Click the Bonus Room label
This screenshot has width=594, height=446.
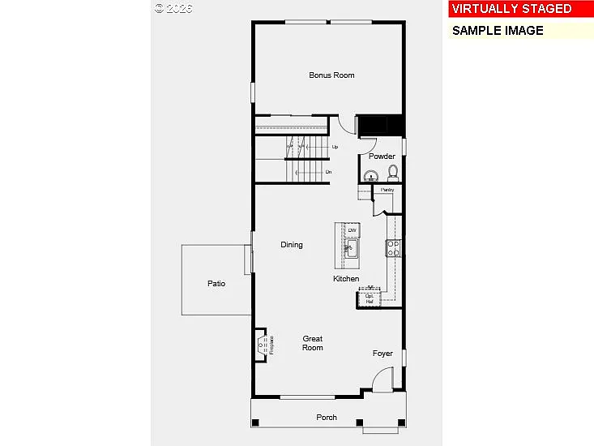(331, 75)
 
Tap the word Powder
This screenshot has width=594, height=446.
(382, 157)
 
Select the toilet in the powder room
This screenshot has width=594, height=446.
(393, 173)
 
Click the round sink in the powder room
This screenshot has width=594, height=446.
(372, 175)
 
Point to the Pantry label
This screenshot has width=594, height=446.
(387, 190)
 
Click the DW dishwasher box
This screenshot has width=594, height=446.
(352, 231)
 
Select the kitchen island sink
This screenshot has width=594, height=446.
(353, 248)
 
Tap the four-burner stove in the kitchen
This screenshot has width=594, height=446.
(393, 248)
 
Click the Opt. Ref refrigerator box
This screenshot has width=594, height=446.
(370, 298)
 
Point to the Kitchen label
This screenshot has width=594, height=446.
(346, 279)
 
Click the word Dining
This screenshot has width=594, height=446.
(292, 245)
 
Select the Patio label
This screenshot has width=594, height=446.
(216, 284)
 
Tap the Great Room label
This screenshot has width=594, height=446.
(313, 343)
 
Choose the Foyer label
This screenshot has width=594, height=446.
(382, 354)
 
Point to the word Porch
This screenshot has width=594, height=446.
(327, 418)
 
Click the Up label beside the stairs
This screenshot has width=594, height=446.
(335, 147)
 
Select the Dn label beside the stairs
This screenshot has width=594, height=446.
(328, 172)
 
